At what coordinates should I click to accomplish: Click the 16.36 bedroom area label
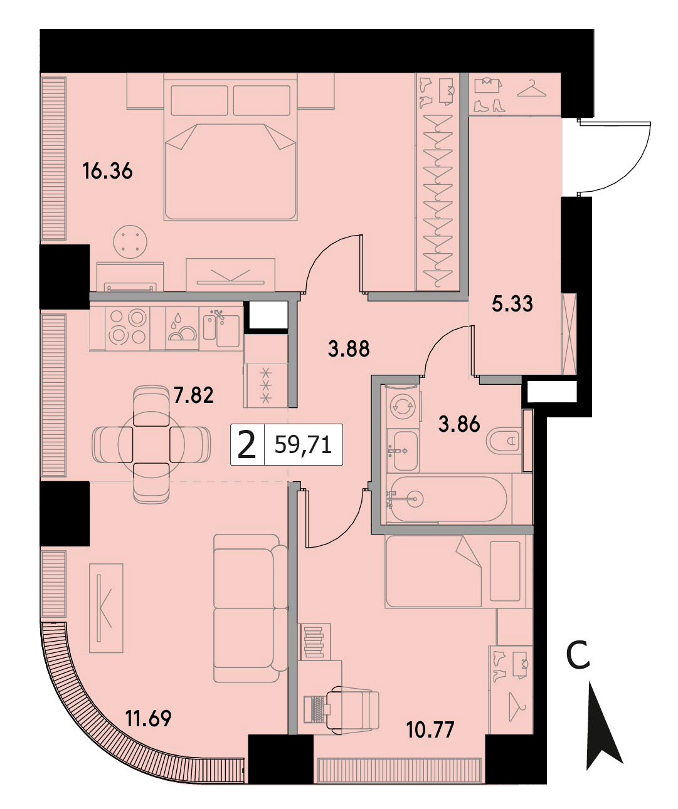click(107, 171)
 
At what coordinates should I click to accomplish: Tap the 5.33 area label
click(512, 304)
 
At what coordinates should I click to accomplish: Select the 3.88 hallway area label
click(349, 348)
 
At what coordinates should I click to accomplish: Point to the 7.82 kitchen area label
click(193, 395)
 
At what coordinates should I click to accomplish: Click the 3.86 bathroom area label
click(459, 424)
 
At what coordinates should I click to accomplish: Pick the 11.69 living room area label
click(148, 718)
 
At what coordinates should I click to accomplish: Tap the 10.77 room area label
click(430, 730)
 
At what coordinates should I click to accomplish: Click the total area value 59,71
click(303, 445)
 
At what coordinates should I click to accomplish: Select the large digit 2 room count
click(246, 445)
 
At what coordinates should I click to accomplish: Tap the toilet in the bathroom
click(504, 441)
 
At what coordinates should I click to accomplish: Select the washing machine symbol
click(403, 407)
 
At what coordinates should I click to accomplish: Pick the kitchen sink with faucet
click(221, 328)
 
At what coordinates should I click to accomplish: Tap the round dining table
click(151, 444)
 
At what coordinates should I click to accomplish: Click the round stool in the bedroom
click(130, 242)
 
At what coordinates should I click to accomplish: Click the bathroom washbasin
click(405, 451)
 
